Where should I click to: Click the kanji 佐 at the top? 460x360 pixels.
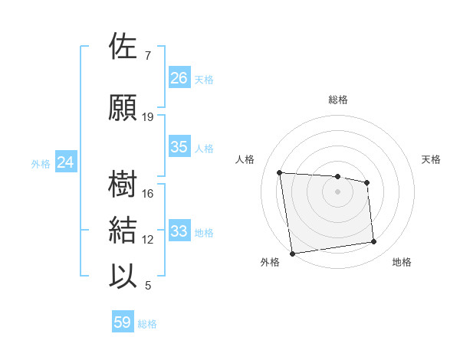click(x=124, y=47)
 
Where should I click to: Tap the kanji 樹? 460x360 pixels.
click(x=124, y=185)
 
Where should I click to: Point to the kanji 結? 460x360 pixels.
click(x=124, y=231)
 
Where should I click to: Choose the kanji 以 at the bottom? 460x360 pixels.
click(x=124, y=277)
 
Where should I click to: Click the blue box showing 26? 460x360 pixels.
click(x=179, y=78)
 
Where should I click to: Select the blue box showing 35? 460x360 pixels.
click(x=179, y=147)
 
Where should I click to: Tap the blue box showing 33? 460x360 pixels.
click(x=179, y=231)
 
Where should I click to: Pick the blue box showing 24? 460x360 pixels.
click(x=66, y=162)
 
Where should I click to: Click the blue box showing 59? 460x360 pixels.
click(x=123, y=322)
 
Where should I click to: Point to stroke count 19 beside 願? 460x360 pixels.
click(x=148, y=117)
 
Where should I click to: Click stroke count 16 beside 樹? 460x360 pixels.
click(x=148, y=194)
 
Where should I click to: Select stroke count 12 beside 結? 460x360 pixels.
click(x=148, y=240)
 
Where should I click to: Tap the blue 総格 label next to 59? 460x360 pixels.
click(x=147, y=324)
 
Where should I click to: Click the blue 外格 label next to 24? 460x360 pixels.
click(x=41, y=163)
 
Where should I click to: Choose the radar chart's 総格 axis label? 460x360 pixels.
click(x=338, y=100)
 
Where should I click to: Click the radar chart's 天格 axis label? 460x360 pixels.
click(x=432, y=159)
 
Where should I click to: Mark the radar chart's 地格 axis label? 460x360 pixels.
click(x=402, y=262)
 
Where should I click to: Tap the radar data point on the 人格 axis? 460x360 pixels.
click(x=280, y=172)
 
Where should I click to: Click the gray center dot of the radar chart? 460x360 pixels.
click(x=338, y=191)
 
